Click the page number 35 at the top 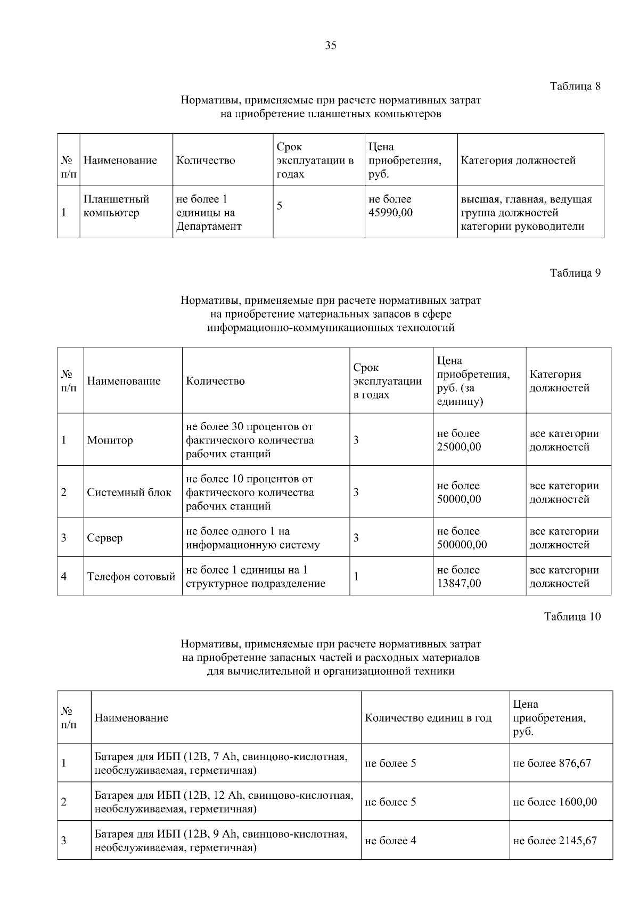coord(330,46)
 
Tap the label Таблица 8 coord(575,86)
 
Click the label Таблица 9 coord(575,273)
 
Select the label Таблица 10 coord(572,617)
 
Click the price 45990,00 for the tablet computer coord(390,213)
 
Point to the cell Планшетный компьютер coord(116,206)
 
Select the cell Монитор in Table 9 coord(110,440)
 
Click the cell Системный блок coord(129,492)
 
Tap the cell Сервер coord(105,538)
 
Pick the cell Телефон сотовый coord(131,577)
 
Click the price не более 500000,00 coord(462,538)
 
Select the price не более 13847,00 coord(458,577)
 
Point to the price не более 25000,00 coord(458,440)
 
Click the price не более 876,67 coord(552,763)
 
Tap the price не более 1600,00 coord(555,802)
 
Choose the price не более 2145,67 coord(555,841)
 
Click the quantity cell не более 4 coord(390,841)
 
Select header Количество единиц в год coord(428,718)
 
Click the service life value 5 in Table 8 coord(280,206)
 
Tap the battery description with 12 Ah coord(224,802)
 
